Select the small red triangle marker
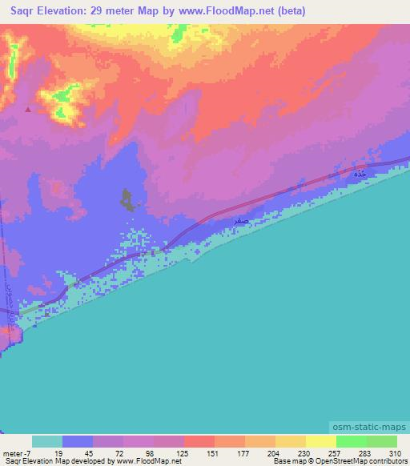[x=29, y=110]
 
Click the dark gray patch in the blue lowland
[x=127, y=200]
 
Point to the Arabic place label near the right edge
[x=361, y=173]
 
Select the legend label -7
[x=26, y=453]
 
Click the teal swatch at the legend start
[x=47, y=441]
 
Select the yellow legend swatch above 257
[x=321, y=441]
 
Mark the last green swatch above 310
[x=382, y=441]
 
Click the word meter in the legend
[x=11, y=453]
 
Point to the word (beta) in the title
[x=291, y=12]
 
